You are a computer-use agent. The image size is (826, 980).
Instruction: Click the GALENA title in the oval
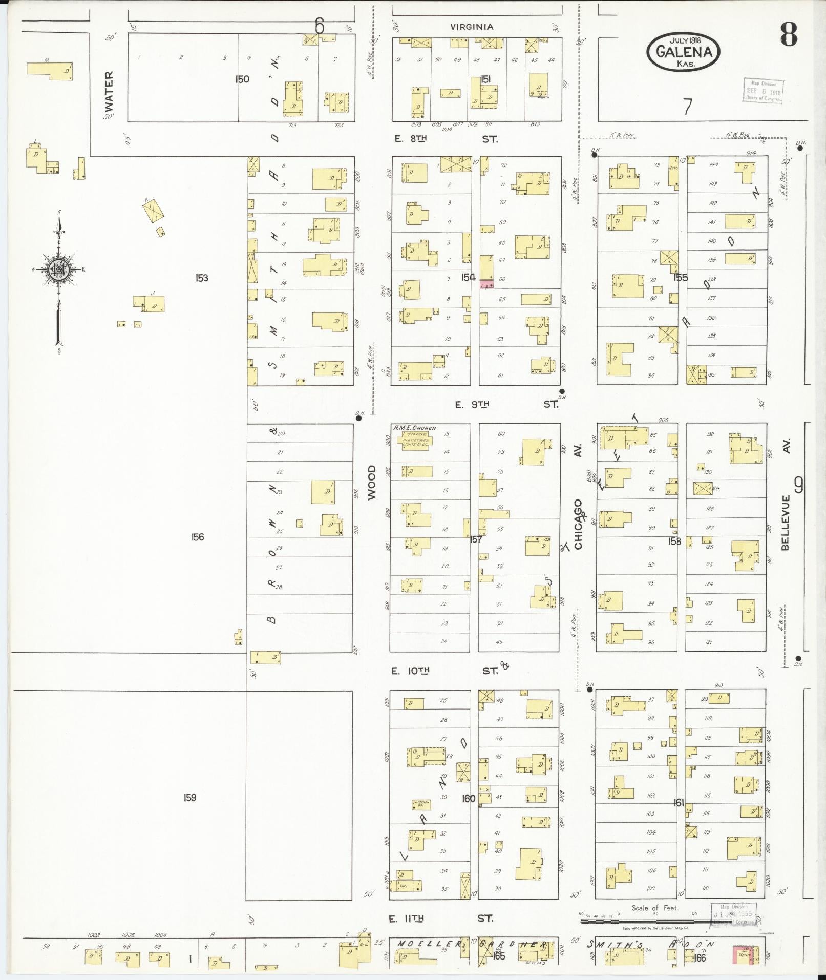tap(683, 52)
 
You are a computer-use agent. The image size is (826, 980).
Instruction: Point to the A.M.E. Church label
tap(414, 428)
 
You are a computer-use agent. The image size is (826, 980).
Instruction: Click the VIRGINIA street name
tap(472, 27)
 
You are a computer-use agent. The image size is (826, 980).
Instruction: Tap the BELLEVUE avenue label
tap(786, 522)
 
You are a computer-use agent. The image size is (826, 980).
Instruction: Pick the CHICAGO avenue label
tap(578, 525)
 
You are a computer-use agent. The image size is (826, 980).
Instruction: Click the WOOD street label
tap(371, 482)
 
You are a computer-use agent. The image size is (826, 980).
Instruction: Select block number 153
tap(202, 278)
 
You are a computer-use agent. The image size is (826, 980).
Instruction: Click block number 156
tap(197, 537)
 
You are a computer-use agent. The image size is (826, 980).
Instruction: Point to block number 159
tap(189, 797)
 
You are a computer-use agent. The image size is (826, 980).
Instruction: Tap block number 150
tap(242, 79)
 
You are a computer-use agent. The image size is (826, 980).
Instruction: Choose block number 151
tap(486, 79)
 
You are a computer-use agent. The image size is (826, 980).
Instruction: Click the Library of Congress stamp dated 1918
tap(763, 91)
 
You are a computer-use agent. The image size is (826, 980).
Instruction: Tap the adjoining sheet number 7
tap(687, 107)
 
